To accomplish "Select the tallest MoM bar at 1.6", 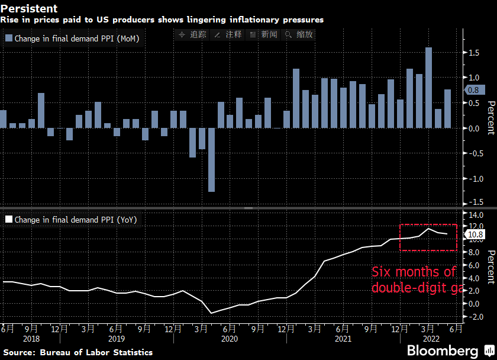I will point(428,88).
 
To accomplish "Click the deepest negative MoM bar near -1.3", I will point(211,160).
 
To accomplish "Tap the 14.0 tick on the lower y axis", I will point(475,215).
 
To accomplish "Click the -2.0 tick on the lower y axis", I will point(474,317).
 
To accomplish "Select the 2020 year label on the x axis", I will point(229,339).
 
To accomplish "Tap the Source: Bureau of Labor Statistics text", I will point(78,352).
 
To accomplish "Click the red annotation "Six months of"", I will point(414,272).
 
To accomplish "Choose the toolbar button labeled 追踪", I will point(192,34).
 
